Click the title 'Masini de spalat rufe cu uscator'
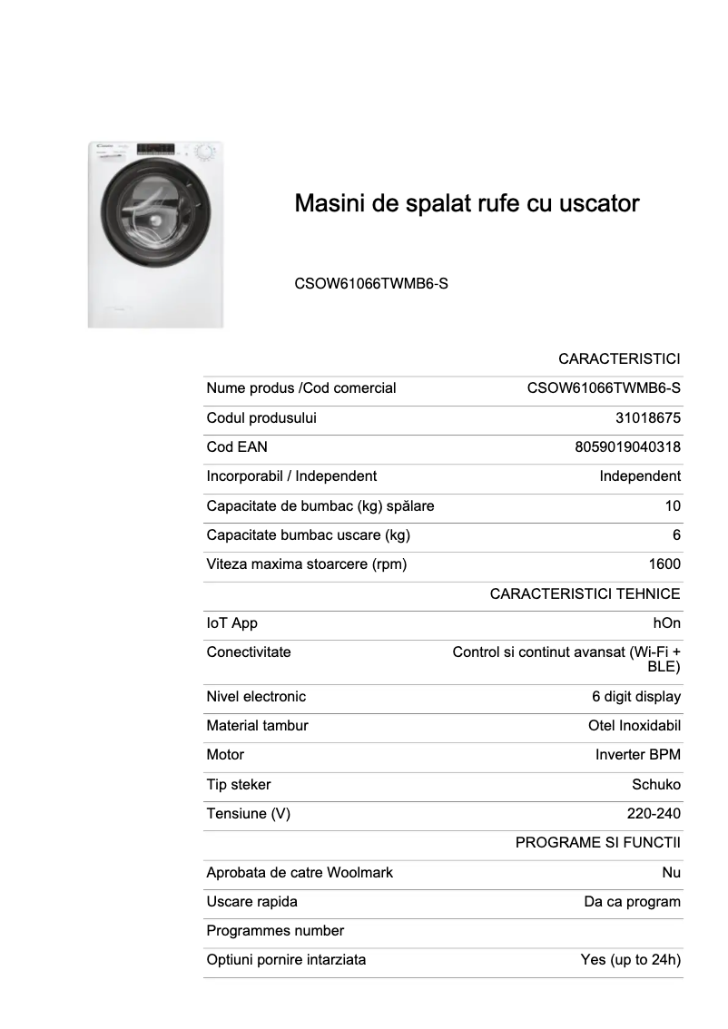(467, 203)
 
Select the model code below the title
(371, 284)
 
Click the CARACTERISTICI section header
(619, 359)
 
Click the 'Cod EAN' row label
(237, 447)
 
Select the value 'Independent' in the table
(640, 476)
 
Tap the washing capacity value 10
(673, 506)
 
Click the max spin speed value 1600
(664, 564)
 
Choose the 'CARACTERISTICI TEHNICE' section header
(585, 594)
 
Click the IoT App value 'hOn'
(666, 623)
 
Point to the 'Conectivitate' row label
(249, 652)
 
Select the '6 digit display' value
(636, 697)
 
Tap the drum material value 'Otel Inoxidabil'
(635, 726)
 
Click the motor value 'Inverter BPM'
(638, 755)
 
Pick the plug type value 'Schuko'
(656, 785)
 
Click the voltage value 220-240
(654, 814)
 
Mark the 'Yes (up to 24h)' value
(631, 960)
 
